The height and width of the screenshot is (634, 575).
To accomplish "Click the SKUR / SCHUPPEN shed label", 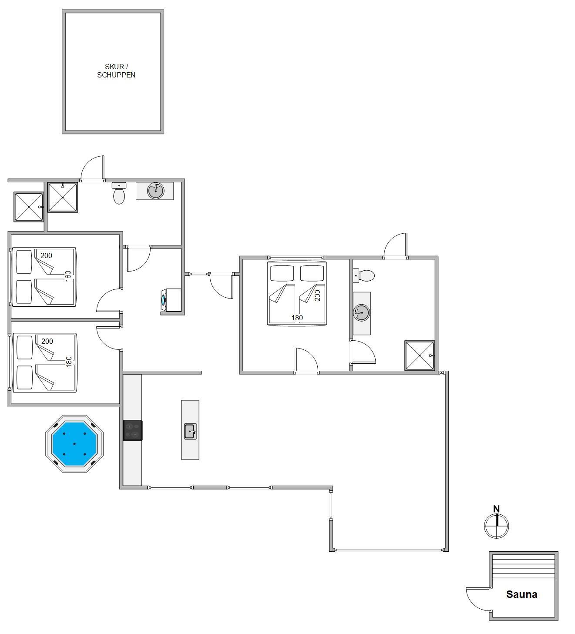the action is pos(116,71).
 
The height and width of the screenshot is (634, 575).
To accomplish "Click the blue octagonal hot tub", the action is pos(74,444).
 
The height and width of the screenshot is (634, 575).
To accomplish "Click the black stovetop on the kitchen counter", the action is pos(132,430).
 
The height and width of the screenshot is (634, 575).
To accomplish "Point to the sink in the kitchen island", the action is pos(190,431).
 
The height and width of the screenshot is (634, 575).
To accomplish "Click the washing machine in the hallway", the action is pos(171,300).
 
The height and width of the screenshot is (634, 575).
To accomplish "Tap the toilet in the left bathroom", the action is pos(119,193).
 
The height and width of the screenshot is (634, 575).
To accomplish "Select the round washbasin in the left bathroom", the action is pos(155,191).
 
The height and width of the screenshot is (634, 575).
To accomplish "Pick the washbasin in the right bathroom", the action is pos(361,312).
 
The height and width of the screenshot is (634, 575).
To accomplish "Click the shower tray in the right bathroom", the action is pos(420,356).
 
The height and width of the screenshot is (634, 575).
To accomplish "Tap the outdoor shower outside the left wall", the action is pos(29,207).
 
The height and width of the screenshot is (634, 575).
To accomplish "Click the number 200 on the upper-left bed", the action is pos(46,255).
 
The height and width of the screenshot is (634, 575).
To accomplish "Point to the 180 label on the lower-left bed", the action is pos(69,362).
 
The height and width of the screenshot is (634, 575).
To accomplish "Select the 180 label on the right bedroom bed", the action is pos(297,318).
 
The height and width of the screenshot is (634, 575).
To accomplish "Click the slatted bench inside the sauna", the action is pos(524,567).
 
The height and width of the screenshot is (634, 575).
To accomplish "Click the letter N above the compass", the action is pos(496,509).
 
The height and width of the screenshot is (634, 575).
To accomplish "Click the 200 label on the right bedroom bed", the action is pos(317,295).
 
